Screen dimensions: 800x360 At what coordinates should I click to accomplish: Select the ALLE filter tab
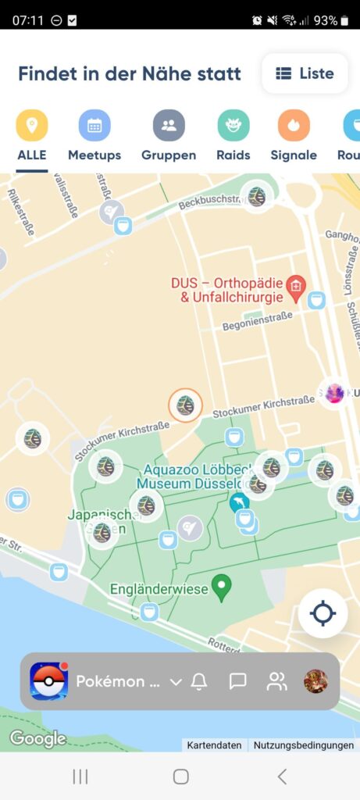(32, 126)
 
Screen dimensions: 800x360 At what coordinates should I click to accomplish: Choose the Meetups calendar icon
(94, 126)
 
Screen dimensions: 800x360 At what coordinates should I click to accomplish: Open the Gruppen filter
(169, 126)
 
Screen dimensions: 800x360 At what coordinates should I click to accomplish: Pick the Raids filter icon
(233, 126)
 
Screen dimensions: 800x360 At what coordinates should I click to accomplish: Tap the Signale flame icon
(294, 126)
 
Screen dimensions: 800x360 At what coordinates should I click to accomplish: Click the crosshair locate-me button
(323, 613)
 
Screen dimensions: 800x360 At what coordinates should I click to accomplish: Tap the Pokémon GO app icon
(48, 681)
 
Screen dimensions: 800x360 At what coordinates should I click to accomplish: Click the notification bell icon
(199, 681)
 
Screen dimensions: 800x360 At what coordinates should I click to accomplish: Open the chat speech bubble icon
(238, 681)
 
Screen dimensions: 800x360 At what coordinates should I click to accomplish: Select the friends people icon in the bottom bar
(276, 681)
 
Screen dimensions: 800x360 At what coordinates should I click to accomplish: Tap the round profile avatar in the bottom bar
(315, 681)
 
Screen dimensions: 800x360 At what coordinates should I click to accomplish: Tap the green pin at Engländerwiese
(222, 587)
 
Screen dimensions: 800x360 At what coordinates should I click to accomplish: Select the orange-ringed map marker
(185, 405)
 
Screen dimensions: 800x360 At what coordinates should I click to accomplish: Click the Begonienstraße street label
(257, 318)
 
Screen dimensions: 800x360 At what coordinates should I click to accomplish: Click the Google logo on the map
(37, 738)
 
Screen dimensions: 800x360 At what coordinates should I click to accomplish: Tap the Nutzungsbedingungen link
(304, 745)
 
